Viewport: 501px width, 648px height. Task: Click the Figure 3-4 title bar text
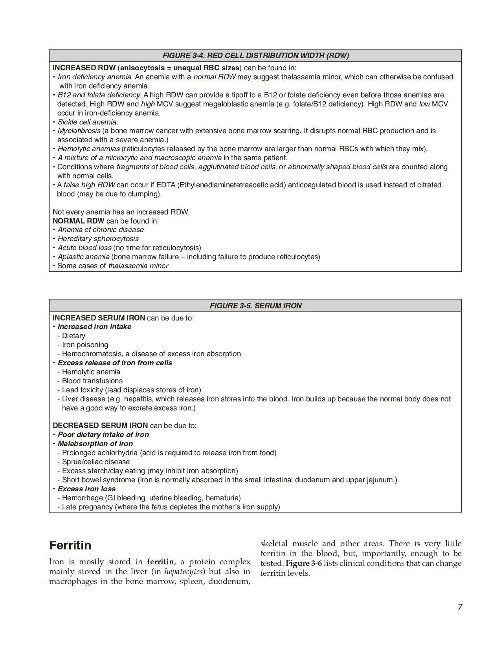tap(255, 55)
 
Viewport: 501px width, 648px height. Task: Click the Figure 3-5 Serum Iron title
tap(255, 306)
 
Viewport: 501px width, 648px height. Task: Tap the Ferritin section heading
tap(71, 545)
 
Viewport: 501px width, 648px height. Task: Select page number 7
tap(459, 608)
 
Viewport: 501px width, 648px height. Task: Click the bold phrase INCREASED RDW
tap(84, 68)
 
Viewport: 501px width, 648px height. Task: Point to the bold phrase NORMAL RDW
tap(78, 221)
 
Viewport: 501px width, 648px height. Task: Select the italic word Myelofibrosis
tap(79, 131)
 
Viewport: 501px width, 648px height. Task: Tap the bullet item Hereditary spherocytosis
tap(98, 239)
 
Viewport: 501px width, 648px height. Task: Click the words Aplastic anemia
tap(83, 257)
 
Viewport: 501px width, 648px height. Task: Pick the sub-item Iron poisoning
tap(85, 345)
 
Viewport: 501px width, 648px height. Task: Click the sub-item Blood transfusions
tap(92, 381)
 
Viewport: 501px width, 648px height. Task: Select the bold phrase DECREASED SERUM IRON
tap(100, 425)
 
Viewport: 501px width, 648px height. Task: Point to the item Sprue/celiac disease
tap(95, 462)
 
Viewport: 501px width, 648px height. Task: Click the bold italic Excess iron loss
tap(86, 489)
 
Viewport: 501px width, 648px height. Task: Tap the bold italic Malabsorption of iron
tap(95, 444)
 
